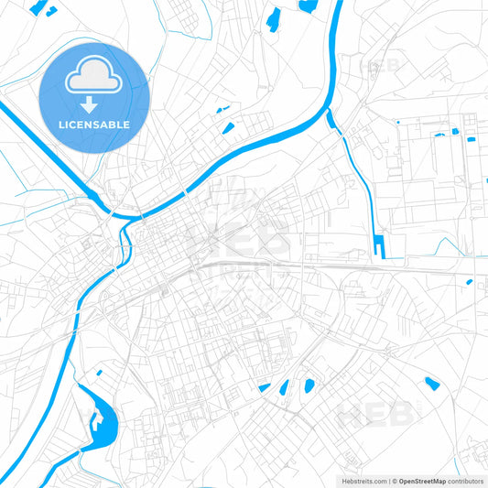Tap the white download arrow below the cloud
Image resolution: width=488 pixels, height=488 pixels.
point(93,103)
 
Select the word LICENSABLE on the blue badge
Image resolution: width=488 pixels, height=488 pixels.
point(93,124)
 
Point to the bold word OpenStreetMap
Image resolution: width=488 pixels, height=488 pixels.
point(422,481)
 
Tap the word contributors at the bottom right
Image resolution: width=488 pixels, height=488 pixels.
point(466,481)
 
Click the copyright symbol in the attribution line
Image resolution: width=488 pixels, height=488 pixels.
point(392,481)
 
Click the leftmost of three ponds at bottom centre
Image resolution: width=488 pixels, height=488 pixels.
point(265,388)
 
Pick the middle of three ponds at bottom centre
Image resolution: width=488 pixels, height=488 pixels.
point(284,387)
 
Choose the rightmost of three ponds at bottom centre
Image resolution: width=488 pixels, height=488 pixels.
point(309,385)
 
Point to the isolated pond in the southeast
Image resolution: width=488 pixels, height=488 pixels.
point(431,382)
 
